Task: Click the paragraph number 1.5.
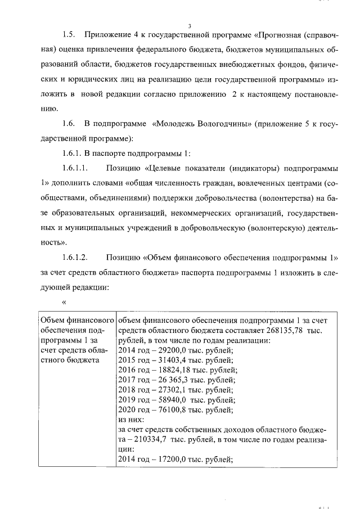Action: (69, 35)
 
